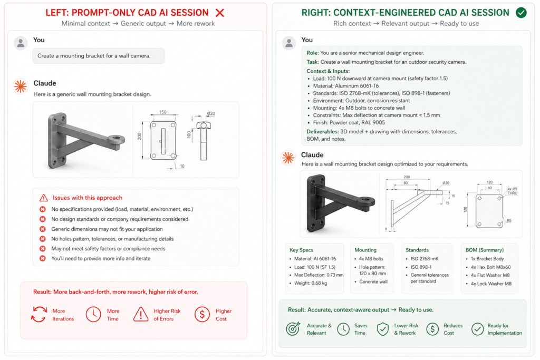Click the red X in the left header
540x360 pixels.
click(x=220, y=13)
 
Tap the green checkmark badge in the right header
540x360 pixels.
click(x=521, y=13)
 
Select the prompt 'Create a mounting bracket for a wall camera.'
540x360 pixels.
click(x=98, y=56)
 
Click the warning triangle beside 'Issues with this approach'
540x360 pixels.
click(x=44, y=198)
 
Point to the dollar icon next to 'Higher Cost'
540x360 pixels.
click(x=202, y=315)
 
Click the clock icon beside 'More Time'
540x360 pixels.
click(x=93, y=315)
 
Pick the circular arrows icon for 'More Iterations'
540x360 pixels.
click(x=38, y=315)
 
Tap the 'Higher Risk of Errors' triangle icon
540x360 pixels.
click(x=141, y=315)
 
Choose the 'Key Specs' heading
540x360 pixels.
click(x=301, y=250)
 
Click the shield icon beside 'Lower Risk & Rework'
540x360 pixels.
click(x=382, y=329)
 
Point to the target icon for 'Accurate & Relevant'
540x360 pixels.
click(x=293, y=329)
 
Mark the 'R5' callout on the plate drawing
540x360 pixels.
click(x=509, y=220)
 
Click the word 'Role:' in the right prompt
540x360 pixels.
click(x=313, y=53)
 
